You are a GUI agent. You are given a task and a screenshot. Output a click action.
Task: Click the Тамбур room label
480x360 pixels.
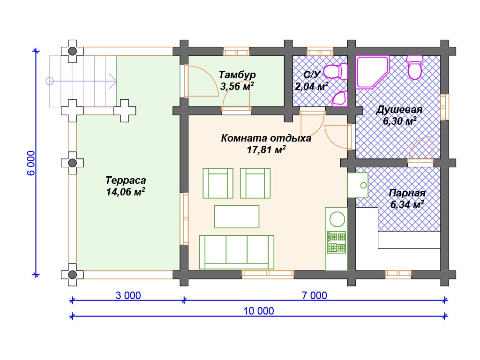(237, 75)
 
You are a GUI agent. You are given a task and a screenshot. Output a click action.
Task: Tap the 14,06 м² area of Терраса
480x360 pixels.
(126, 192)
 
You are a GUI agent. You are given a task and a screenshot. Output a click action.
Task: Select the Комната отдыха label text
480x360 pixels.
(266, 138)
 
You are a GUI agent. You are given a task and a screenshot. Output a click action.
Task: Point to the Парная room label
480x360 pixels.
(407, 193)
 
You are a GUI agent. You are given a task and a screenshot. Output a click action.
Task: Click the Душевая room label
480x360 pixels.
(399, 109)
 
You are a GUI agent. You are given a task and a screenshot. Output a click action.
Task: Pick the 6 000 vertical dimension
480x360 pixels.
(31, 163)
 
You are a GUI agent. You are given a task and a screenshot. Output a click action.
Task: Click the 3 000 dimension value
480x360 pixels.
(128, 295)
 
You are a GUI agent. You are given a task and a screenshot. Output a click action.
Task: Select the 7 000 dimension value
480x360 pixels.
(315, 295)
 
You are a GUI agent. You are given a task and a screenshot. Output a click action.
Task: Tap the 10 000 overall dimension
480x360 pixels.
(259, 311)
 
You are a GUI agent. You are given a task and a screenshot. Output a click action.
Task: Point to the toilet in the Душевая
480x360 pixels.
(415, 67)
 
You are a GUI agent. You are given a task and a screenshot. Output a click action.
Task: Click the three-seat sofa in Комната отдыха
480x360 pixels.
(236, 252)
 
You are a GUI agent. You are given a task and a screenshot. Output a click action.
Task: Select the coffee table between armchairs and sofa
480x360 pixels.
(237, 217)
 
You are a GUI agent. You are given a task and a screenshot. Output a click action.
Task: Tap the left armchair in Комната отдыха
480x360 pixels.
(218, 183)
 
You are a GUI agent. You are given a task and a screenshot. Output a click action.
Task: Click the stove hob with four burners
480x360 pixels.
(337, 242)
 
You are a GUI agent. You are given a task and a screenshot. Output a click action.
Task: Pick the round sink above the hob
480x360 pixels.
(337, 219)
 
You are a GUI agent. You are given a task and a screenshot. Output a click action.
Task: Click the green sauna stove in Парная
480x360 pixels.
(358, 185)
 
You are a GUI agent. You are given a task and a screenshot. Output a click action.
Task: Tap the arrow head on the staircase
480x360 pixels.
(112, 81)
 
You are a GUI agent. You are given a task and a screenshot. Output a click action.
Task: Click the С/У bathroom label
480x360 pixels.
(312, 75)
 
